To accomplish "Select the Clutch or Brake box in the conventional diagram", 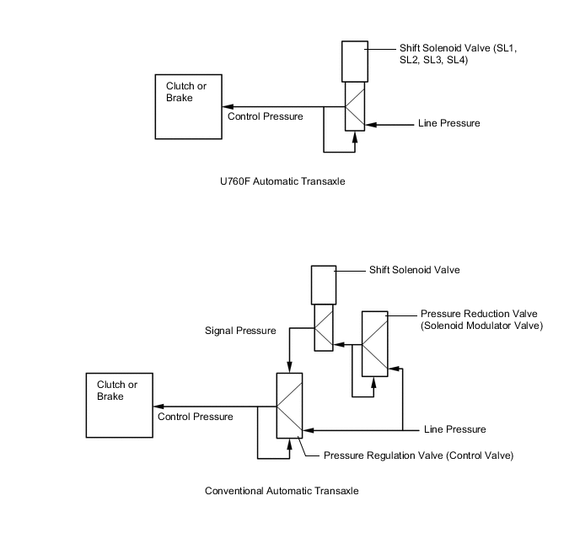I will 120,405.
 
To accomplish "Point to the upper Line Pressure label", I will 448,124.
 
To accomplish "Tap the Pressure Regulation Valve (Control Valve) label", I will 418,455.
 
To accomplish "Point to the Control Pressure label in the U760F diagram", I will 266,116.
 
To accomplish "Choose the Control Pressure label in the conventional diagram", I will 195,416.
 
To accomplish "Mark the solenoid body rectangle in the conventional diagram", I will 324,285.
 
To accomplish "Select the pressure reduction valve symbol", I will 375,343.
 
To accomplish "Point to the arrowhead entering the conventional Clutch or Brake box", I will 158,405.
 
